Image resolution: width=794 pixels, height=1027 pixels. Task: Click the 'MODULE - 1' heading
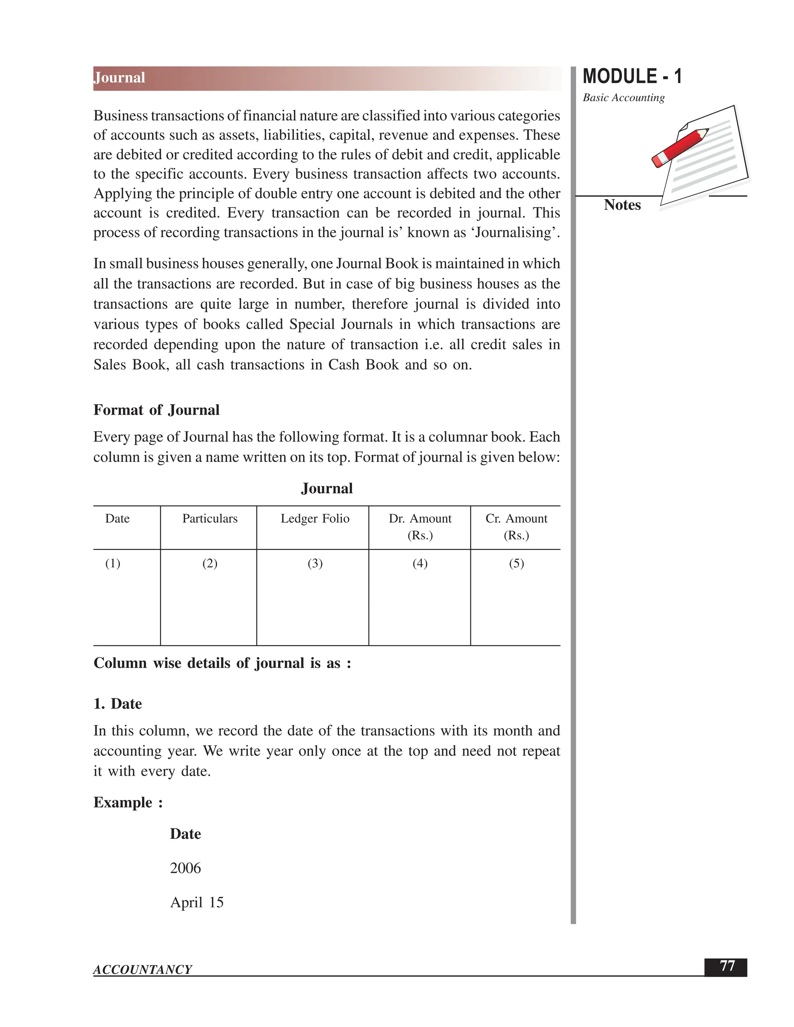632,77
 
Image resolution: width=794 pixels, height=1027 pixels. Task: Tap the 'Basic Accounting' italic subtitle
623,98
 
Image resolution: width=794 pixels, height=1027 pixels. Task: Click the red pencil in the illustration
680,147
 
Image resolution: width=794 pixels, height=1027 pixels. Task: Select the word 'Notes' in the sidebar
622,205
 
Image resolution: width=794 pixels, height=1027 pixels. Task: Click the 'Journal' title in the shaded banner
119,78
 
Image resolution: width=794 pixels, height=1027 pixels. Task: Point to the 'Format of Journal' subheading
156,410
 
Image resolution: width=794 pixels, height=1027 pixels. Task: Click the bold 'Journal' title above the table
326,489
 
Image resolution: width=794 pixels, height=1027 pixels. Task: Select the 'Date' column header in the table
117,519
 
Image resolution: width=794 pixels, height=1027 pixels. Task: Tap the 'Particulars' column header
210,519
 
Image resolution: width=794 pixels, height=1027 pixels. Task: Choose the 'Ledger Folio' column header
315,519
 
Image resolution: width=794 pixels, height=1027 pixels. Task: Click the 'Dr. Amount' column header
419,519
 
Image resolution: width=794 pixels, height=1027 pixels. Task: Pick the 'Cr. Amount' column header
516,519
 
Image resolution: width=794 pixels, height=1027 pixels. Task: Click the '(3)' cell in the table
315,563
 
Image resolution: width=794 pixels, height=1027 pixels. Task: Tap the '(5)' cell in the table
516,563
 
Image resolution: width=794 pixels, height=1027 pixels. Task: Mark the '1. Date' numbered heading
117,704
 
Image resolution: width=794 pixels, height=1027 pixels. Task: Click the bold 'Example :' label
128,802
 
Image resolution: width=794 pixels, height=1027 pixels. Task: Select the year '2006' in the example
185,868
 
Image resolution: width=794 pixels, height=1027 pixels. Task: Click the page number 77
727,966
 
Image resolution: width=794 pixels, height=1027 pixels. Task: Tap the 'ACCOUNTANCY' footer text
143,970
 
